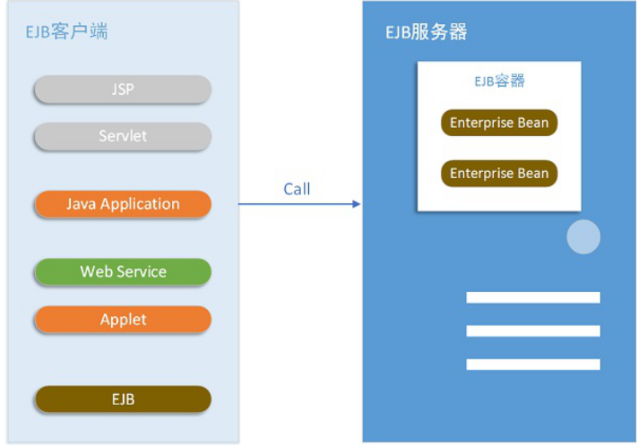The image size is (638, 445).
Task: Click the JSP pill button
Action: point(123,90)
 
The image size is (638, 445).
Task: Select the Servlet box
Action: point(123,136)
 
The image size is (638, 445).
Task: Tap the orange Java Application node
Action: point(123,204)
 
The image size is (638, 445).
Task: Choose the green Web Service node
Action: point(123,271)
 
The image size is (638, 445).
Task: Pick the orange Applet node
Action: point(123,320)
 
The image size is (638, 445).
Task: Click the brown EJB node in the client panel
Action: point(123,399)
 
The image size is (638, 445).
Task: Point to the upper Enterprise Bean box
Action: point(499,123)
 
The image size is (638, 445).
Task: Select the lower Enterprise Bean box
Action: point(499,173)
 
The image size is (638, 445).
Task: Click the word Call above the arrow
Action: point(297,188)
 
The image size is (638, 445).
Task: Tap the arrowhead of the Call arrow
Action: point(357,204)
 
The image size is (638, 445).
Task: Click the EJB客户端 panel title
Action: point(67,33)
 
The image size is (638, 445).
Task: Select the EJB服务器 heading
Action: point(426,33)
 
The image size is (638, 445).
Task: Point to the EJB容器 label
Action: point(499,81)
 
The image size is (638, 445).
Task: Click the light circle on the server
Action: point(583,236)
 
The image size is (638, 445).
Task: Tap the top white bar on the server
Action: point(532,297)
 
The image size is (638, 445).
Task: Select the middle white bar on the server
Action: point(532,330)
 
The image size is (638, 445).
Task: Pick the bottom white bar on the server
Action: point(532,364)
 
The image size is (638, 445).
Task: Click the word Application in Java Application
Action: point(140,204)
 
